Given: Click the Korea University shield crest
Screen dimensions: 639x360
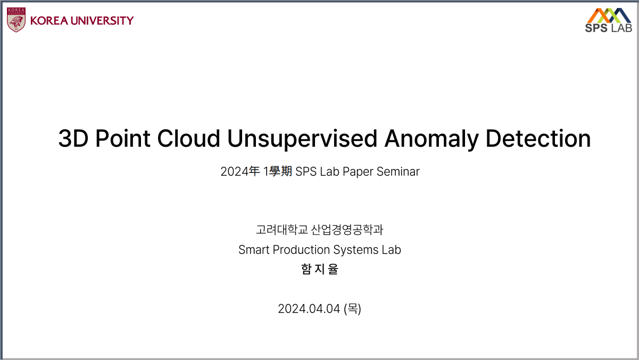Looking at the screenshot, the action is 16,20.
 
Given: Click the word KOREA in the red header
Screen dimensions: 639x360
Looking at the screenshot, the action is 49,21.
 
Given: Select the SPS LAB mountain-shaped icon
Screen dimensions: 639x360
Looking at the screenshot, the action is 609,15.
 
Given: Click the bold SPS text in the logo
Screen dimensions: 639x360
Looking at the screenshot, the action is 596,28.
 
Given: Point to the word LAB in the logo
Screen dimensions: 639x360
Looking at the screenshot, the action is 621,28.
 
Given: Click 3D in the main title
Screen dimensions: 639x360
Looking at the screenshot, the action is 73,139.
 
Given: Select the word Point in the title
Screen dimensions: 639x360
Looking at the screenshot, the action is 123,139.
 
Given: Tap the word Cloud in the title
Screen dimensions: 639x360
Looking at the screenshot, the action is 188,139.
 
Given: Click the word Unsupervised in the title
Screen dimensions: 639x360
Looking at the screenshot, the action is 302,139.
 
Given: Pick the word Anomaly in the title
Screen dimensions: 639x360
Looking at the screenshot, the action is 431,139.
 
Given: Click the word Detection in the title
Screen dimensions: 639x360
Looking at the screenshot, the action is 538,139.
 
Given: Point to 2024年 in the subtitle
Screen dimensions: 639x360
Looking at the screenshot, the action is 240,171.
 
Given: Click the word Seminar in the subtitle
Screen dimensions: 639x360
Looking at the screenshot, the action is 398,172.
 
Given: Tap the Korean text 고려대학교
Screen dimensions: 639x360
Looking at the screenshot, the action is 282,230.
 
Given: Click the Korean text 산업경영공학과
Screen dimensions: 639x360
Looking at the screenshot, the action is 347,230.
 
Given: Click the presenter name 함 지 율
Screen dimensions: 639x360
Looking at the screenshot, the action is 319,269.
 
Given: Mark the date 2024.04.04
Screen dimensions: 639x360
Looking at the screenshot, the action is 309,309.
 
